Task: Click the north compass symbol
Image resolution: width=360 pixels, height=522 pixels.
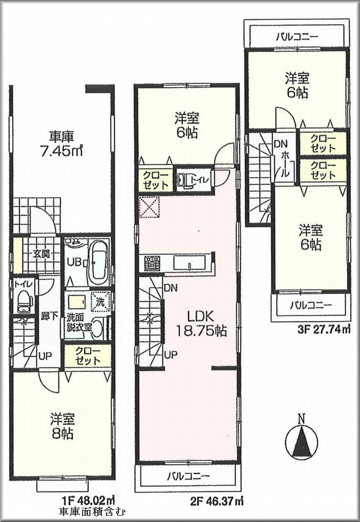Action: (x=301, y=438)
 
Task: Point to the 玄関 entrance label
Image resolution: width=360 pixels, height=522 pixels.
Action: (x=41, y=254)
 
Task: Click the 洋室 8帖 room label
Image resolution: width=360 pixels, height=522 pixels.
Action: (x=62, y=426)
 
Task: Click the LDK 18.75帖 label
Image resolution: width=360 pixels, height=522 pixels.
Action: (x=201, y=324)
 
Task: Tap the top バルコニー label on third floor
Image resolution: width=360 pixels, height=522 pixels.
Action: (x=297, y=37)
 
